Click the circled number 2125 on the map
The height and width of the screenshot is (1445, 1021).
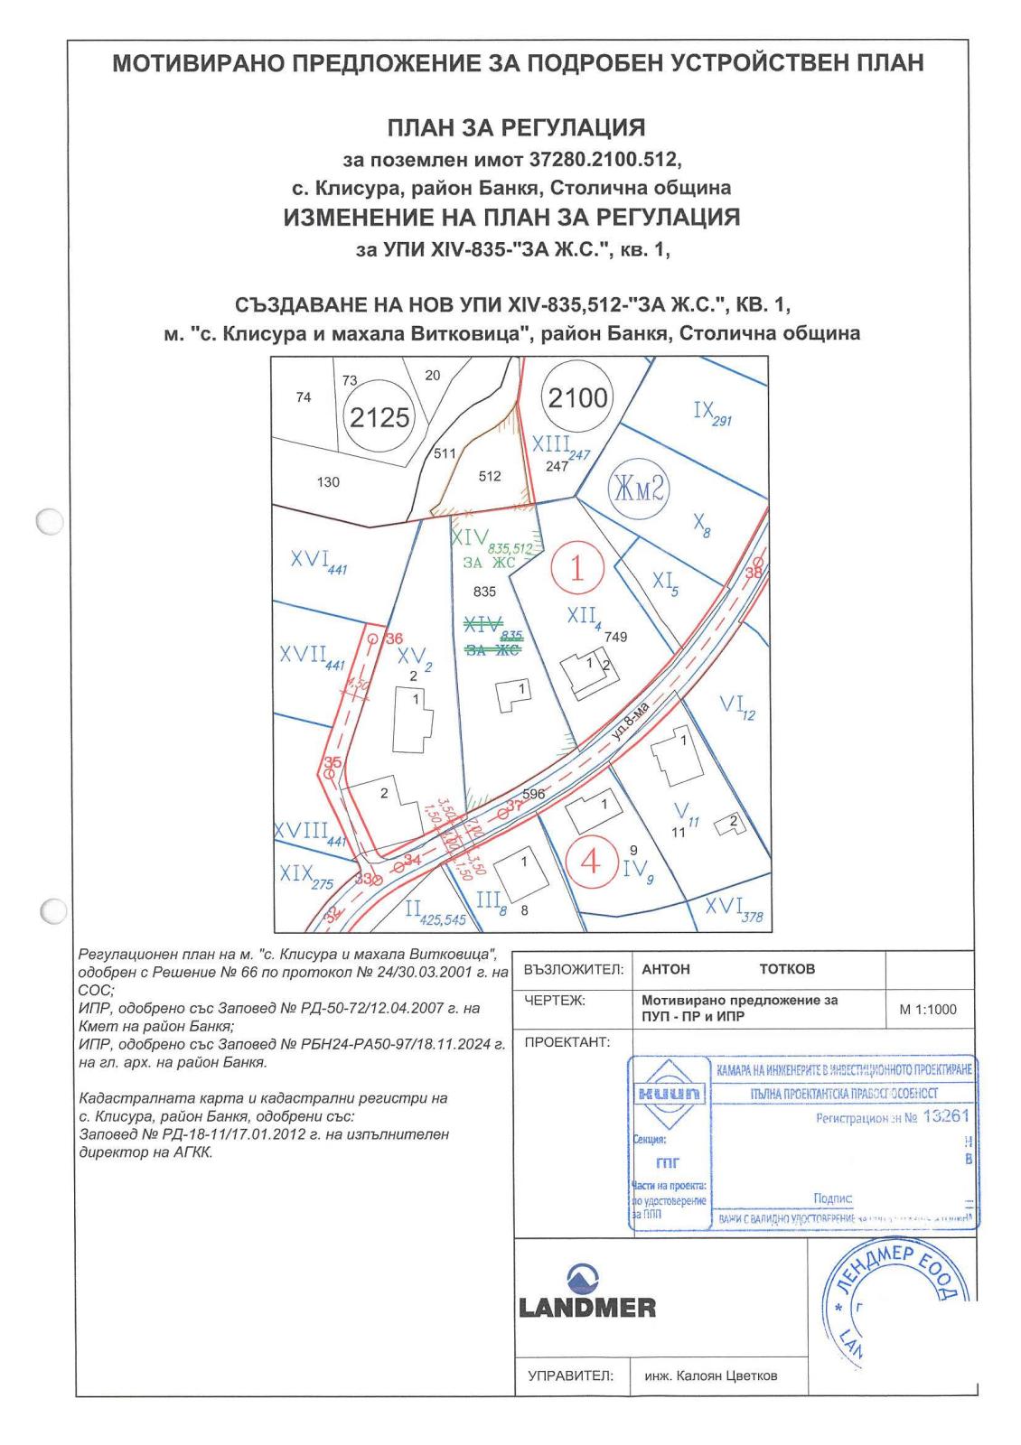pos(379,417)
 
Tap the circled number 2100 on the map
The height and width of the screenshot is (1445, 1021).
pos(578,397)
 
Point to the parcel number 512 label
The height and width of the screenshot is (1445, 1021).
pos(490,476)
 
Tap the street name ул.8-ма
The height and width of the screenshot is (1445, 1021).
pos(631,722)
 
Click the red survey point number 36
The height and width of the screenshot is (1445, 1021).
pos(394,639)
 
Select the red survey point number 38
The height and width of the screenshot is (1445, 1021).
pos(754,572)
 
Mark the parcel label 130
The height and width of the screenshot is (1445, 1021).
pos(328,482)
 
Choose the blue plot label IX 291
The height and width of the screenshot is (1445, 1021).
pos(711,414)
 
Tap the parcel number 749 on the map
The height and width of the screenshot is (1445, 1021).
pos(616,636)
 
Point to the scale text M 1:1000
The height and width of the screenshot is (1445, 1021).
pos(928,1010)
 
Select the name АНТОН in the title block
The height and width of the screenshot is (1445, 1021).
pos(666,969)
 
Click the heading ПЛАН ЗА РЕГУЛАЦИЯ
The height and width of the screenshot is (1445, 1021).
pos(516,127)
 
